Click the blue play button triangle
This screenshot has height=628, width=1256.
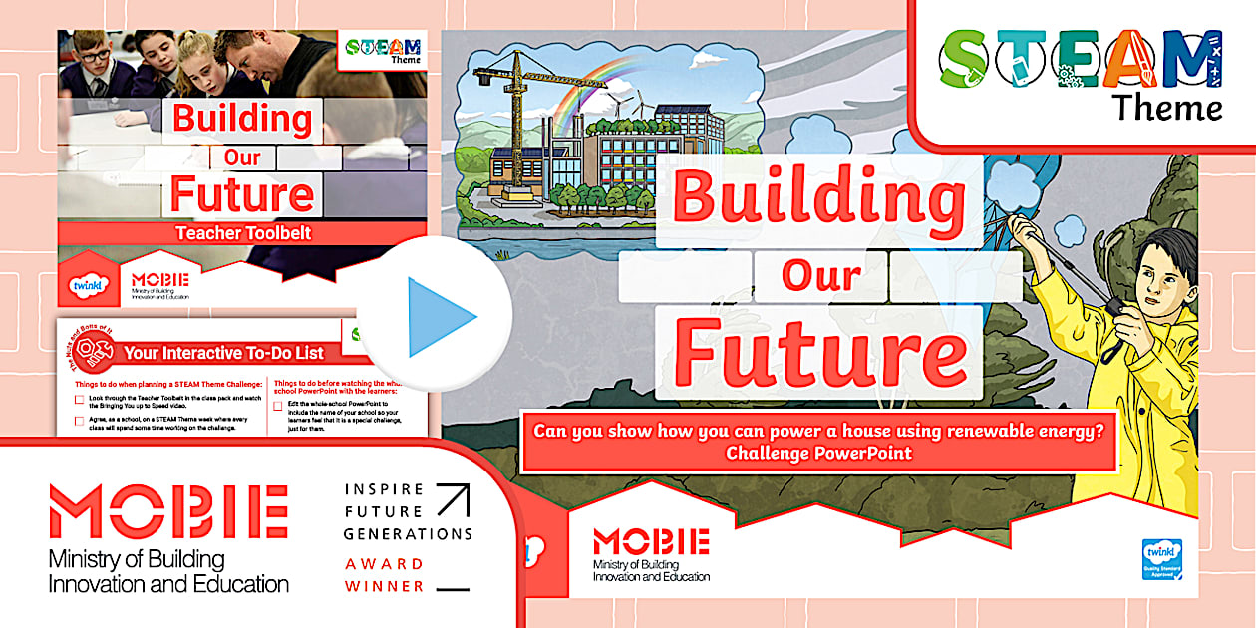[440, 315]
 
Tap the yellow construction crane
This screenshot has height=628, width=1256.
[516, 110]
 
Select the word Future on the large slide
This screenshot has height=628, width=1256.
[819, 351]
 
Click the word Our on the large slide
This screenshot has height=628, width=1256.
[819, 275]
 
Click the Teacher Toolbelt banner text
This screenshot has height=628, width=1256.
[243, 233]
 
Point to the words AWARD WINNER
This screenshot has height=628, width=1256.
[385, 575]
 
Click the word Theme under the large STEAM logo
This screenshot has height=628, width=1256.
[1167, 107]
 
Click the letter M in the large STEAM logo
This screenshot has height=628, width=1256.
[1193, 58]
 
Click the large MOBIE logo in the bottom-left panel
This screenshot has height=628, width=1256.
[167, 511]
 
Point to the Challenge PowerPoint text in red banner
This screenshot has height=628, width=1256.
[818, 453]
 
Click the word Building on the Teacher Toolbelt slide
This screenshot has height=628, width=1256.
[242, 120]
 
